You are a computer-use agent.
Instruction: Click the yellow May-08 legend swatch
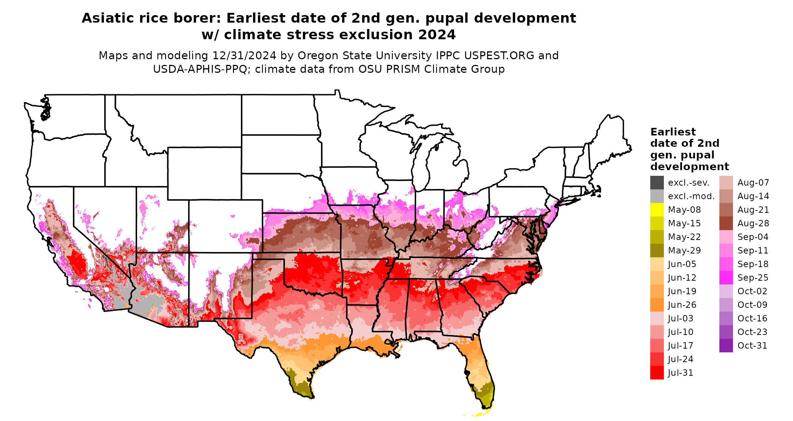point(657,210)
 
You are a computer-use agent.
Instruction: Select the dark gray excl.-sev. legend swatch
point(657,183)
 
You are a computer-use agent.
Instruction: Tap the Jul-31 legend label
point(680,373)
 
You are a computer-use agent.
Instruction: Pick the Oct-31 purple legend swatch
point(726,346)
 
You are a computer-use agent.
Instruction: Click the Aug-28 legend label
point(753,223)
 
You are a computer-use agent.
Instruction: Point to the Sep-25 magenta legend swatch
point(726,278)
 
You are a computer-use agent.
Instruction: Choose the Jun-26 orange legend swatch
point(657,305)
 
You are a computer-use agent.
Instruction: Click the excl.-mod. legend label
point(691,196)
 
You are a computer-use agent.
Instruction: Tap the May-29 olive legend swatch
point(657,250)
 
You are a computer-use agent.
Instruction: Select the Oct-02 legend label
point(752,291)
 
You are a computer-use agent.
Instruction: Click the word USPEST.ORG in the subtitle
point(499,55)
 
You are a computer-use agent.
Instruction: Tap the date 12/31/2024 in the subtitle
point(244,55)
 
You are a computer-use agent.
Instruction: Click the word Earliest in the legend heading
point(673,132)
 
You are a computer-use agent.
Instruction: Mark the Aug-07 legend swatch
point(726,183)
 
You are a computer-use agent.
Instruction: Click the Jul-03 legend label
point(680,318)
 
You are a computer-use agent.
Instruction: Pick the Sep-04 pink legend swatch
point(726,237)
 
